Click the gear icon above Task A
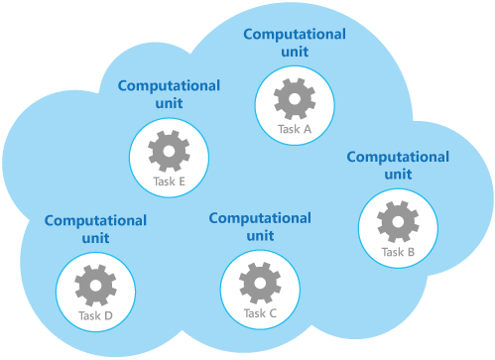pos(294,98)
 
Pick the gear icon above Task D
pos(95,285)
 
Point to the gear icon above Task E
pos(170,151)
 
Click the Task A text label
pos(294,129)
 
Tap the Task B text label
pos(397,252)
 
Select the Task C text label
pos(260,314)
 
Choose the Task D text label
pos(95,316)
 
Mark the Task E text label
pos(170,181)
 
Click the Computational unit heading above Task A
pos(295,43)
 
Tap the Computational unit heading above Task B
pos(397,165)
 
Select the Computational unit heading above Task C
pos(260,227)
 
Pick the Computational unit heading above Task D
pos(96,229)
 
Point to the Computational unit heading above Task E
pos(170,94)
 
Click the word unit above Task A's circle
pos(295,52)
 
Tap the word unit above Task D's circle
pos(96,238)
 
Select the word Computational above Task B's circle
pos(397,157)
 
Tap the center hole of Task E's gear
pos(170,151)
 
